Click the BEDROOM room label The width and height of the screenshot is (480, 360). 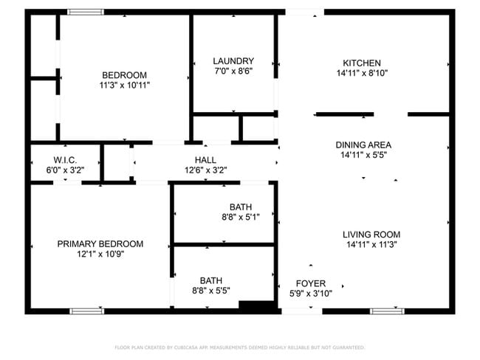pos(124,75)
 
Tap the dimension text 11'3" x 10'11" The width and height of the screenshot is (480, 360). pos(124,86)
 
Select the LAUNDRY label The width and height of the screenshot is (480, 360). pos(233,61)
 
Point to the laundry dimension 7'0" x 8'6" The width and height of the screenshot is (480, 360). pos(233,72)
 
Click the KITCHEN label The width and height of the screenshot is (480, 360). pos(362,63)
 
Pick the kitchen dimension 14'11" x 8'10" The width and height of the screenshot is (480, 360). pos(362,73)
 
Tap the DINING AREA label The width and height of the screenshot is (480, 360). pos(363,145)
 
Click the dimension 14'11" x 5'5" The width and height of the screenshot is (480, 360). pos(363,156)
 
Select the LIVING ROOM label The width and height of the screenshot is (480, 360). pos(371,235)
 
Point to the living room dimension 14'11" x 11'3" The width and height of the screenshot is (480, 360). pos(371,245)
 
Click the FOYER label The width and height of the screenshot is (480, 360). pos(310,283)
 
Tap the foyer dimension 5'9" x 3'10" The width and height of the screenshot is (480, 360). pos(310,294)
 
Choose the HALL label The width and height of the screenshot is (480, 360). pos(205,159)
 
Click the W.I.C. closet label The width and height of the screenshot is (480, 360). pos(65,160)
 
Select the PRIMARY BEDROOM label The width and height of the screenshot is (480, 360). pos(100,243)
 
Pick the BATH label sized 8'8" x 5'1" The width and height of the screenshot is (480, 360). pos(241,207)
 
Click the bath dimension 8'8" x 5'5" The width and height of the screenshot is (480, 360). pos(211,291)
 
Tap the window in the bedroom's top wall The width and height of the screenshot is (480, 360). pos(86,12)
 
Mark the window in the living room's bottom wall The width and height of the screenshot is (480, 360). pos(387,311)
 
